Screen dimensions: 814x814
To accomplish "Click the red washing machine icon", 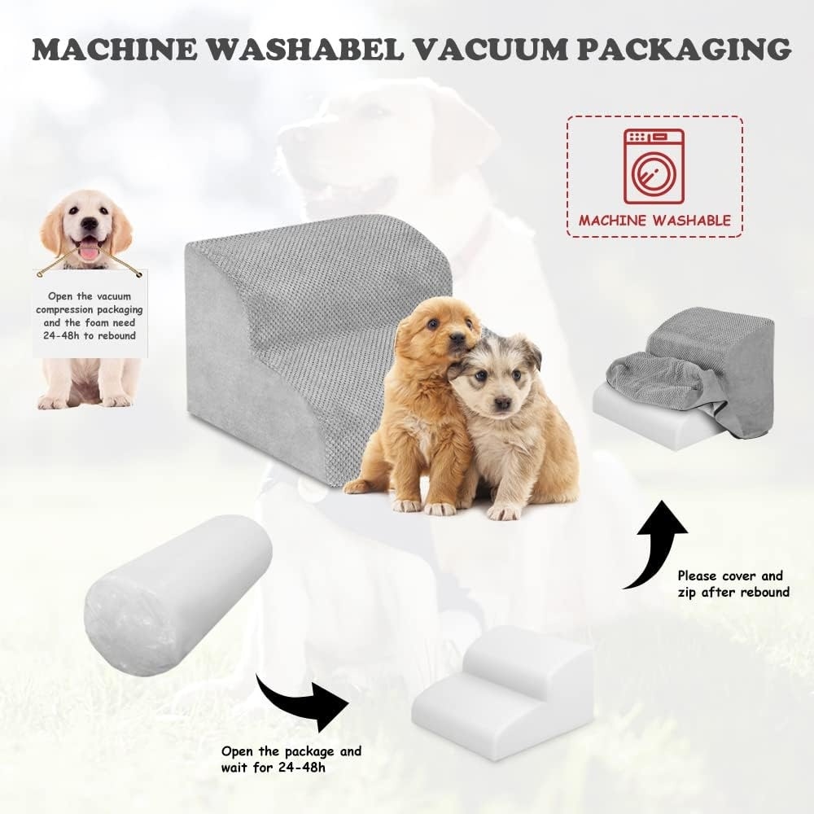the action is (x=654, y=166).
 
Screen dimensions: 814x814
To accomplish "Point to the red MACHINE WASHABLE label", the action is (x=654, y=220).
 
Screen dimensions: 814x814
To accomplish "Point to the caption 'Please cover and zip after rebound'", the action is (x=733, y=584).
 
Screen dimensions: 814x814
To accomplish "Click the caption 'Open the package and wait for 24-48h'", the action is (x=291, y=759).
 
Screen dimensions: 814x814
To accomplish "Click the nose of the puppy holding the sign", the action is (x=90, y=223).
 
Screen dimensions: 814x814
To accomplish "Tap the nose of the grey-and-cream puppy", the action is (x=501, y=404).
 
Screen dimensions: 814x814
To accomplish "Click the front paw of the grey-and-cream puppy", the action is (x=502, y=512).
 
